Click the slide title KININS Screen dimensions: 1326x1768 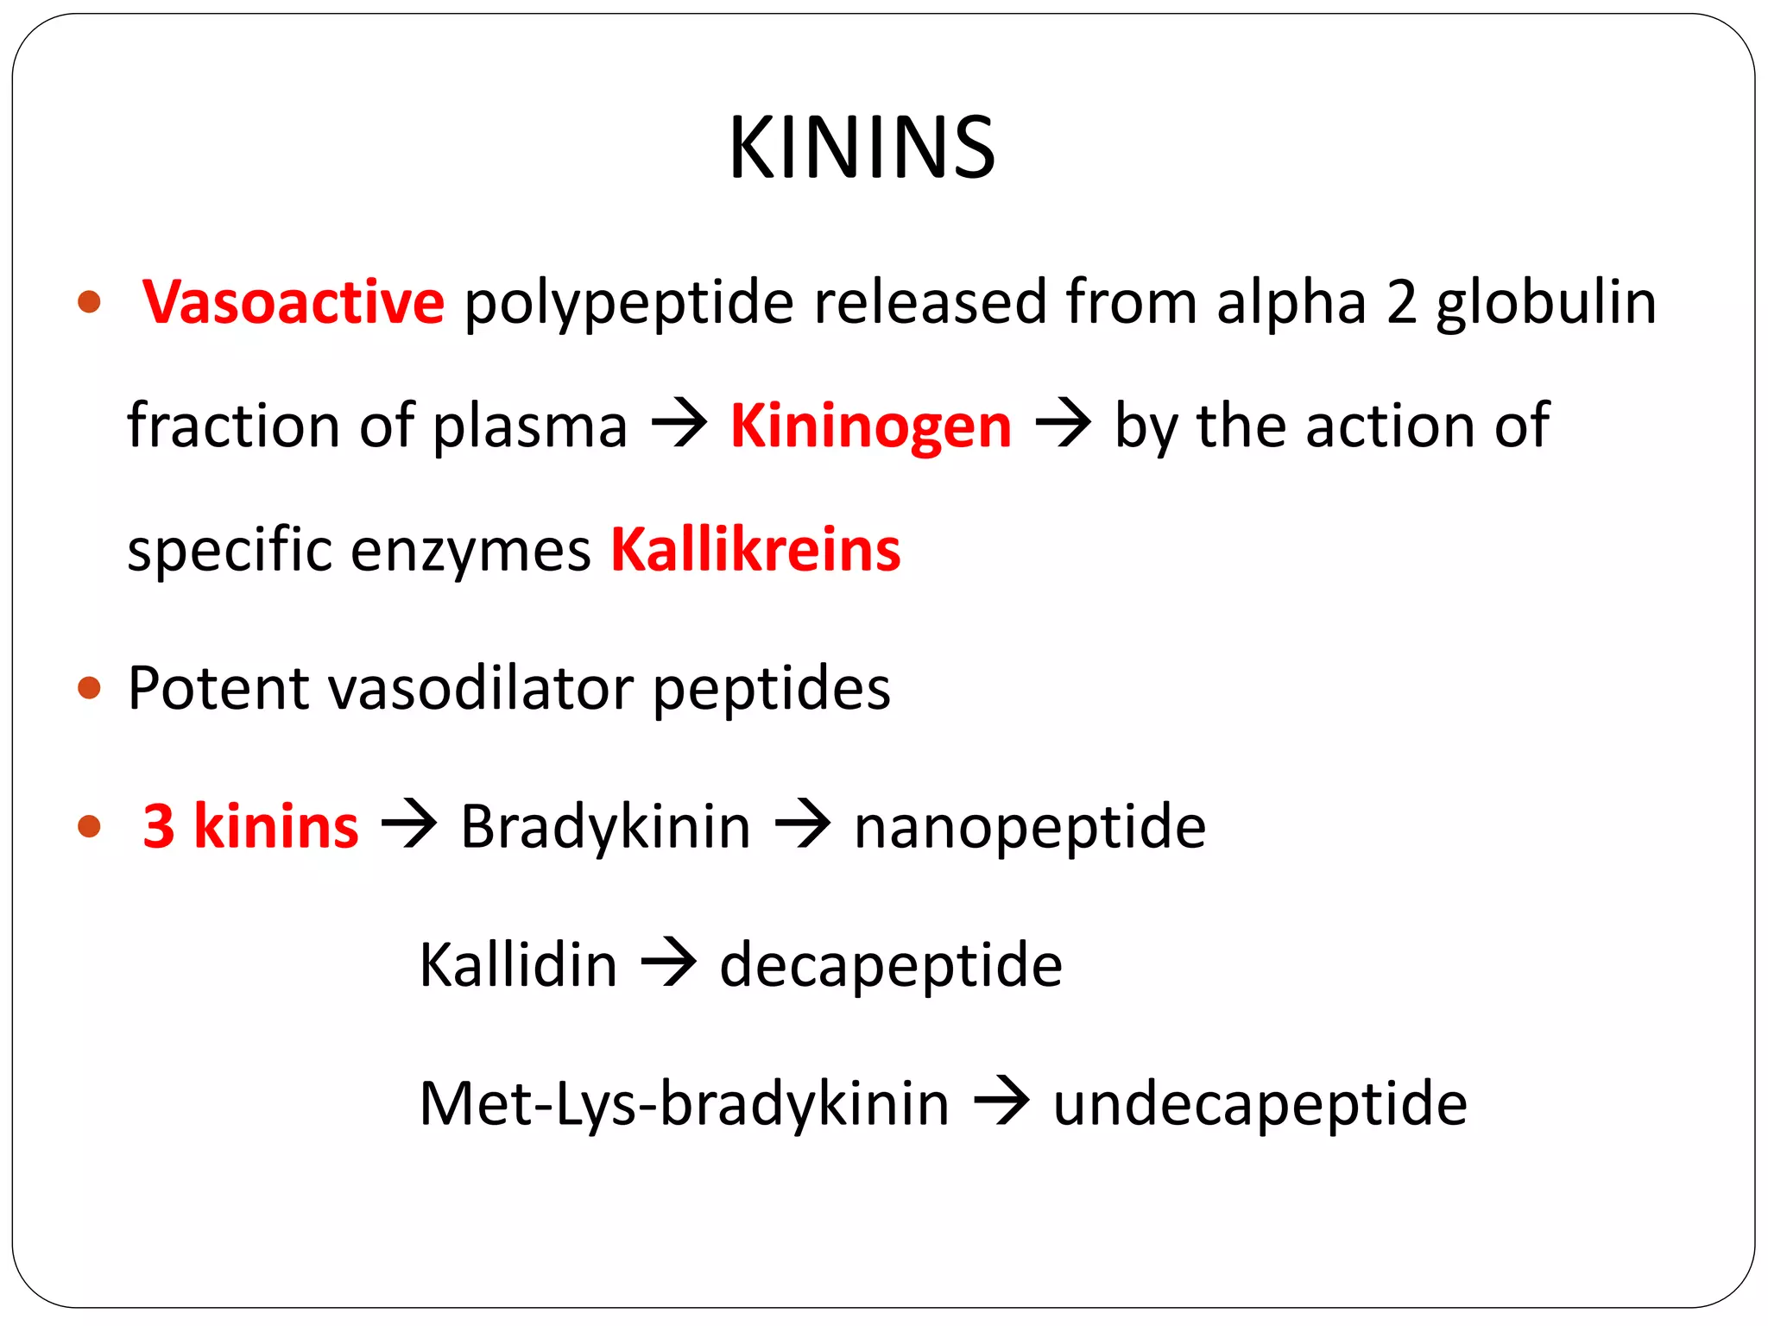[862, 148]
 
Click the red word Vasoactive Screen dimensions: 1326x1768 [294, 302]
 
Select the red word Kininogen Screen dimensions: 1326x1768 [870, 426]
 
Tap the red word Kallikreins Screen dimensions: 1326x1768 [755, 550]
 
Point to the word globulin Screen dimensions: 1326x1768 [1545, 302]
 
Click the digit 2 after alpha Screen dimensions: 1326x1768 [1402, 302]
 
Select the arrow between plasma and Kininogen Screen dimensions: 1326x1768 [679, 424]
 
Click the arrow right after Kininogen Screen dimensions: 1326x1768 [1063, 424]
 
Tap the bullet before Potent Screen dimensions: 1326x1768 [89, 688]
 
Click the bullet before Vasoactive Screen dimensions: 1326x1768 [89, 302]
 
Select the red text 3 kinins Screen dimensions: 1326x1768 [250, 826]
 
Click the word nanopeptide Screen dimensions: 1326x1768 [1029, 826]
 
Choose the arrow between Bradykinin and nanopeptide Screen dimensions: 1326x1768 [803, 824]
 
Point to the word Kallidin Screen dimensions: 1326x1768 [518, 964]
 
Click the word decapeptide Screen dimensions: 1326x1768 [891, 964]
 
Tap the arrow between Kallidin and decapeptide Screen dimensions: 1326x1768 [668, 963]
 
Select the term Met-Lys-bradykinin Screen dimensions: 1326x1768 [684, 1103]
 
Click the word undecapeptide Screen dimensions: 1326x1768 [1260, 1103]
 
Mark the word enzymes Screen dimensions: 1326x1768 [470, 550]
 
